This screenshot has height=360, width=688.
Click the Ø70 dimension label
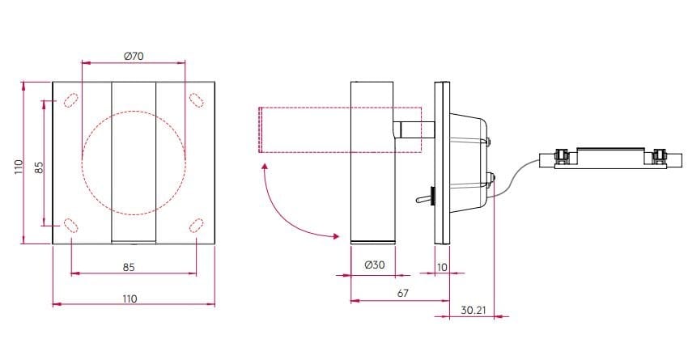(134, 56)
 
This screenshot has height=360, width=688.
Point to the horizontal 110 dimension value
(130, 299)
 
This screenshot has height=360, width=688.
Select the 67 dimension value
(402, 294)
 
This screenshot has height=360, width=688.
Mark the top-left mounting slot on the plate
(70, 100)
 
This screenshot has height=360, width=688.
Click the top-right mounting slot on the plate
(196, 100)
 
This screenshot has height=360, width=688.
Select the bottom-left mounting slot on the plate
(70, 224)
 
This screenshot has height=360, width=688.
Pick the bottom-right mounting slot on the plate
(196, 224)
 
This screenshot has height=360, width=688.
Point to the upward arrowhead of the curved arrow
(264, 167)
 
